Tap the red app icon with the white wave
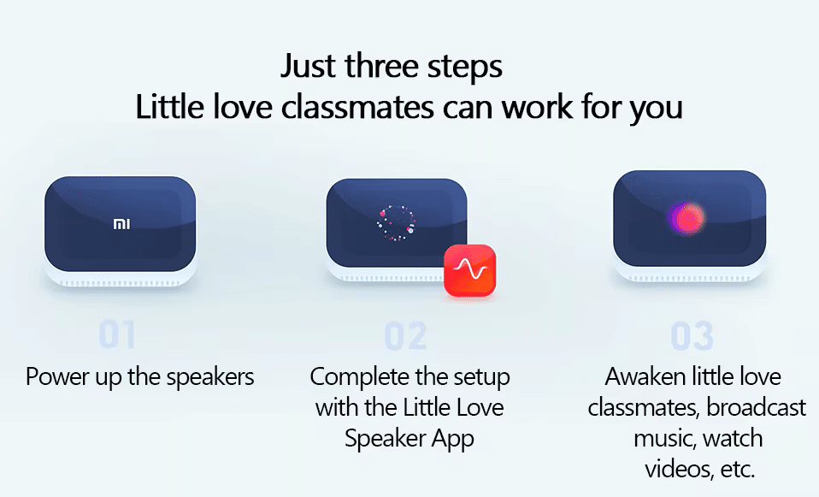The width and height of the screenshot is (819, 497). click(x=469, y=270)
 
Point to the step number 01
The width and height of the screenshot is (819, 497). click(x=117, y=335)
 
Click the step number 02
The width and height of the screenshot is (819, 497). click(x=405, y=337)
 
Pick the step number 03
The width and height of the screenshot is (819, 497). click(x=692, y=337)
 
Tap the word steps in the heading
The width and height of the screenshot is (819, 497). click(x=465, y=67)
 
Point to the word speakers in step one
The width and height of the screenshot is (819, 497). click(x=210, y=377)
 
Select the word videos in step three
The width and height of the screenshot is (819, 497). click(x=674, y=469)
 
